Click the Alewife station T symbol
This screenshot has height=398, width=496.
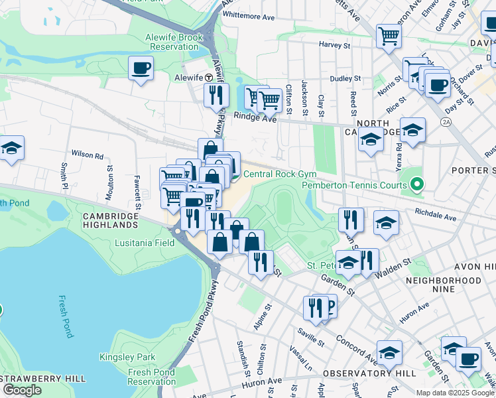208,77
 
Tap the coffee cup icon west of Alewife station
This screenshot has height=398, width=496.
141,68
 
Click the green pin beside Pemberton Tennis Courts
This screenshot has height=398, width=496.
417,184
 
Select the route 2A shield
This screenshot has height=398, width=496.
446,121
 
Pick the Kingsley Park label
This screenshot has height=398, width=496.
127,357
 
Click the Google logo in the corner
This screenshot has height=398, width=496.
22,389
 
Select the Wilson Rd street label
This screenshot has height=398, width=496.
88,157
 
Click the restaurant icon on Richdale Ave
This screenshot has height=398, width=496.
351,220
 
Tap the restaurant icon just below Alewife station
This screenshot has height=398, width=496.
216,96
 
